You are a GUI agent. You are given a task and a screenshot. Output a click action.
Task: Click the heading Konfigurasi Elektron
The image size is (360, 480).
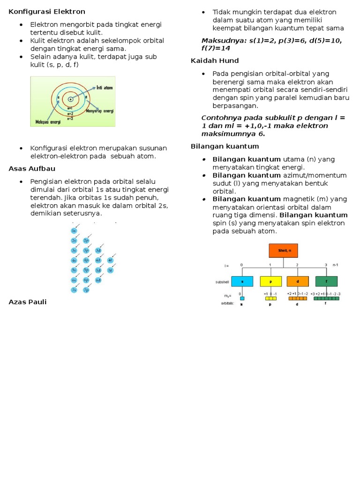(x=47, y=11)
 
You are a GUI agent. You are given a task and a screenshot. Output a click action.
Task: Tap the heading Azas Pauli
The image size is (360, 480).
(x=28, y=302)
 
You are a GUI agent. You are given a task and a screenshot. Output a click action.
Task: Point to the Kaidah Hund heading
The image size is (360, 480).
(x=215, y=60)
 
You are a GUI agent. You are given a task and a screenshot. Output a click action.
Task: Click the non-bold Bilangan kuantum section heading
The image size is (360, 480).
(x=225, y=146)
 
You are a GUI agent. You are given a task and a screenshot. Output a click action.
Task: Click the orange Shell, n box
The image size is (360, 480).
(x=283, y=251)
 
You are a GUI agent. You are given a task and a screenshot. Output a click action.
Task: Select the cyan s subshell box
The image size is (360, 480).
(x=242, y=281)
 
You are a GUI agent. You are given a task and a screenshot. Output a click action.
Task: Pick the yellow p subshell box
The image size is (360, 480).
(x=270, y=281)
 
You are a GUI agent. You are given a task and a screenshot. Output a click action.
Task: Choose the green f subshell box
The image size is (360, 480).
(x=326, y=281)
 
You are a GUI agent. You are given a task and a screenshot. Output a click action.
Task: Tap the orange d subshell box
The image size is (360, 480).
(x=298, y=281)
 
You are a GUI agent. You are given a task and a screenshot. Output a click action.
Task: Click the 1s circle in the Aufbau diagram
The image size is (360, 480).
(x=74, y=231)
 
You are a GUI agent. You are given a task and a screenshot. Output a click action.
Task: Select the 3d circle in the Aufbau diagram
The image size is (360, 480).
(x=98, y=251)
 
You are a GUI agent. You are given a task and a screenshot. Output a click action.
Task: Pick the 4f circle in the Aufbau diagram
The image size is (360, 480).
(x=110, y=260)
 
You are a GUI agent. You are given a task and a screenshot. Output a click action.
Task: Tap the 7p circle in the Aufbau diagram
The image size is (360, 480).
(x=86, y=290)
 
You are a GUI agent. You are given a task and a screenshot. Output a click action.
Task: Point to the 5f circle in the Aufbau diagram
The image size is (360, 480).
(x=110, y=270)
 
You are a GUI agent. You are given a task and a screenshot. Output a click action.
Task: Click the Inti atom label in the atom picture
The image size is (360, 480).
(x=105, y=88)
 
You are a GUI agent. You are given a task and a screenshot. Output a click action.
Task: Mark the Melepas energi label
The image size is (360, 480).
(x=48, y=121)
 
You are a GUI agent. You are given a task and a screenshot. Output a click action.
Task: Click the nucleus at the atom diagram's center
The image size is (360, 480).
(x=71, y=99)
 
